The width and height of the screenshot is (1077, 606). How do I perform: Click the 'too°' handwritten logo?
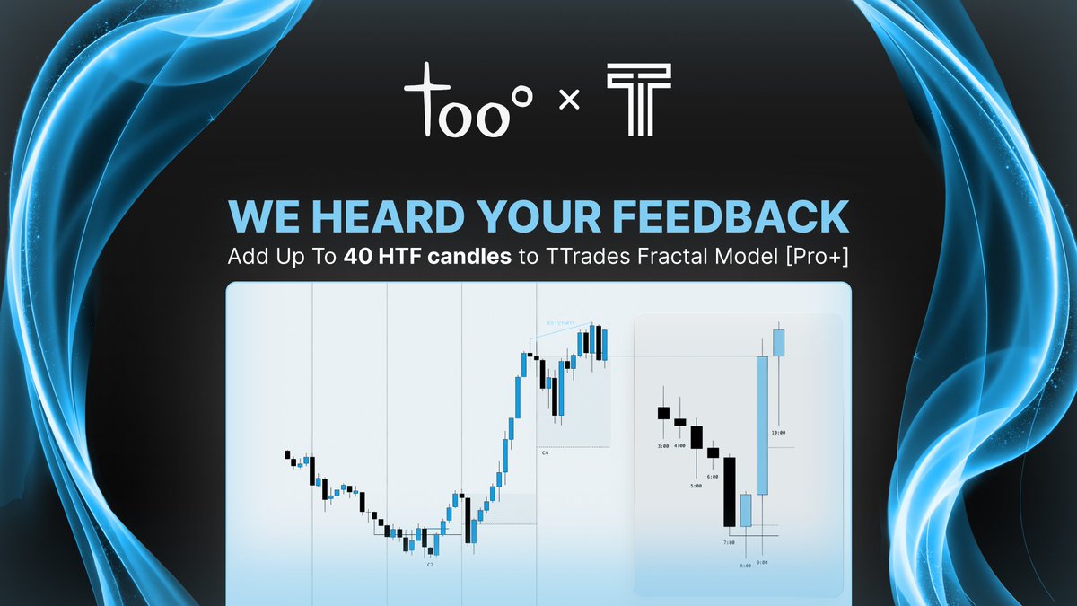468,101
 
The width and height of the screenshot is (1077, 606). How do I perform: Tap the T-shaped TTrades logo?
637,101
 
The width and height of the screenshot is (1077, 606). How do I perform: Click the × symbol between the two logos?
567,102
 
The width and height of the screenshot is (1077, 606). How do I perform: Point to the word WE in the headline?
256,218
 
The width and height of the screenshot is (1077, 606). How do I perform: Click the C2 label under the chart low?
431,565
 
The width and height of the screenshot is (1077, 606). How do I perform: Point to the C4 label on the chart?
545,453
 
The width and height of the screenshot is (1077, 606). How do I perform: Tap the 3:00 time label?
663,444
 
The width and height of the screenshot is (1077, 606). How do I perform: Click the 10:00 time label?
778,432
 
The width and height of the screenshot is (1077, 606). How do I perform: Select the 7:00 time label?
729,542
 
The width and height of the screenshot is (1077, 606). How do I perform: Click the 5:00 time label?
696,486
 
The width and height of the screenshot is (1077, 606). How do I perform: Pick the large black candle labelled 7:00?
730,492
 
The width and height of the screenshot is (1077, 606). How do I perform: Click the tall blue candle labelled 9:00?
762,425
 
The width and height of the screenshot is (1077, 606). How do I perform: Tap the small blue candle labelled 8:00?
745,510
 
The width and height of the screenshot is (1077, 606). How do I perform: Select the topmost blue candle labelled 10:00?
778,343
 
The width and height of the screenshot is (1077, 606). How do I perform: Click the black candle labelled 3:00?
663,413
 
